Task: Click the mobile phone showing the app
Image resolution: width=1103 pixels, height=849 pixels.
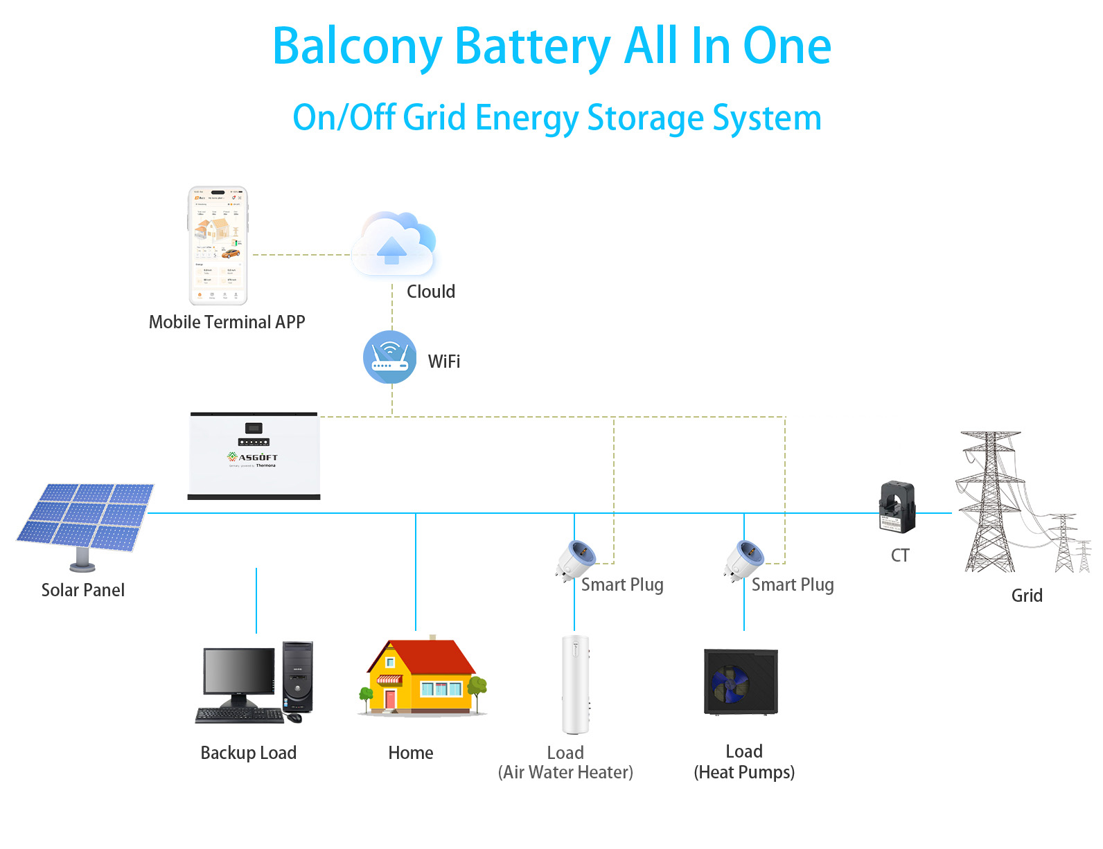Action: [x=218, y=246]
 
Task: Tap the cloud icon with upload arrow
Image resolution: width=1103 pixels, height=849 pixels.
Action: [x=394, y=247]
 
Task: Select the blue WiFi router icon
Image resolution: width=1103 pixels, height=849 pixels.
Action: [x=390, y=357]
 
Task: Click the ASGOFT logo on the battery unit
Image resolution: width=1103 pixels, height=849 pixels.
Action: [x=254, y=457]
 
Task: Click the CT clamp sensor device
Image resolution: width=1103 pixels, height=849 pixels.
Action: [x=897, y=507]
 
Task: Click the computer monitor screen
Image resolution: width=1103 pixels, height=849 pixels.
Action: [x=238, y=671]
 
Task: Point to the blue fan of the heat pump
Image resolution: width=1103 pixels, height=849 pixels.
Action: [x=729, y=682]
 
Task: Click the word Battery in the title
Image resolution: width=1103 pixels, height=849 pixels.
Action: [x=532, y=46]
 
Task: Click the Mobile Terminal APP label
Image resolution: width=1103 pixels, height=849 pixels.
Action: [x=227, y=322]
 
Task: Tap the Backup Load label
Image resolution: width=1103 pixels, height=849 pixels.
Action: [x=248, y=753]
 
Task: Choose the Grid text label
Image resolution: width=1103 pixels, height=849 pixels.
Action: [x=1026, y=596]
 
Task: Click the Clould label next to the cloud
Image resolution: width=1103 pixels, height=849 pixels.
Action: [x=431, y=292]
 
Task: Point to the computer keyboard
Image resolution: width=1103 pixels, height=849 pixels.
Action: [x=240, y=716]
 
